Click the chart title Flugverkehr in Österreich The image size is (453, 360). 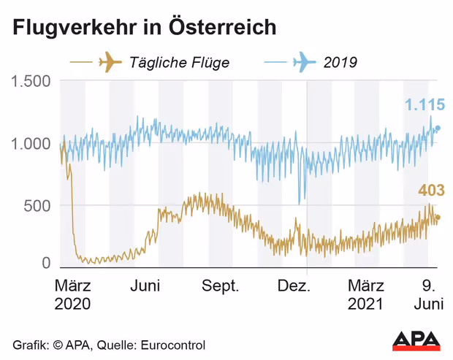143,28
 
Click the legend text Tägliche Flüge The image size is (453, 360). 179,62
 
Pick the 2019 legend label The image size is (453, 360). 340,62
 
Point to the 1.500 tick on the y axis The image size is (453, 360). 31,81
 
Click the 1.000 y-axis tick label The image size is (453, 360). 31,143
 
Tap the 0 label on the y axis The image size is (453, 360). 45,263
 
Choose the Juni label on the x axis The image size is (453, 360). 145,286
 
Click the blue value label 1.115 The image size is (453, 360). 427,105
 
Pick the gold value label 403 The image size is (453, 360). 431,191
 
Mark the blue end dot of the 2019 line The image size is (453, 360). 438,129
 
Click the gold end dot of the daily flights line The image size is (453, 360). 438,217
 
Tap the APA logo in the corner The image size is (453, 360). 416,340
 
